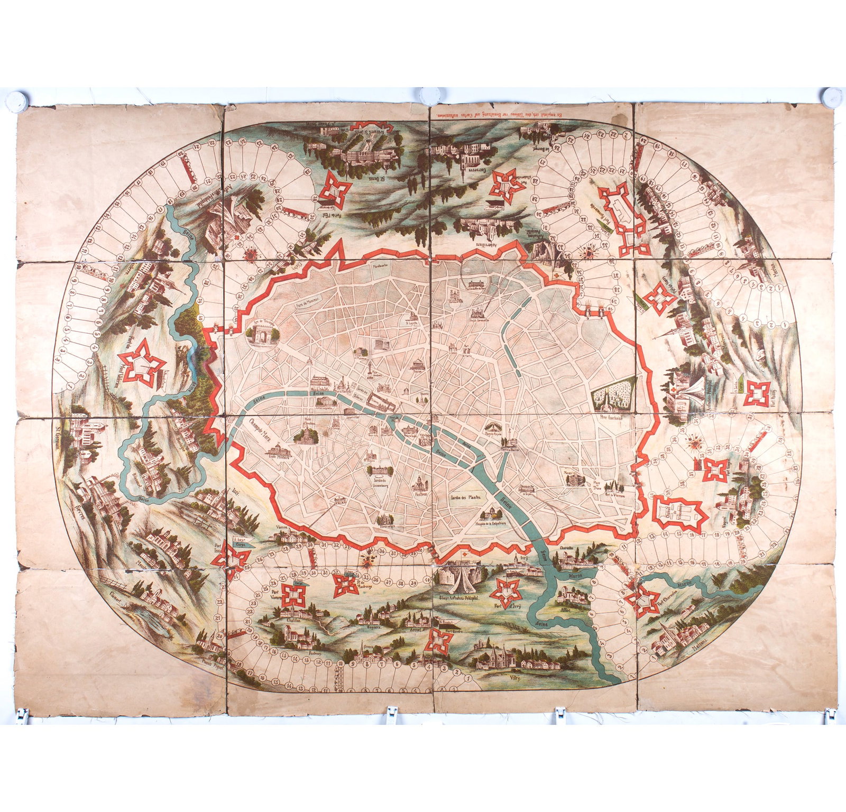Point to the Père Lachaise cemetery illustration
[614, 392]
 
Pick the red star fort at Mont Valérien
[142, 362]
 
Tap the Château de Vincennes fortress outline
[678, 512]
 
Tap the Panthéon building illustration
[421, 482]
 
